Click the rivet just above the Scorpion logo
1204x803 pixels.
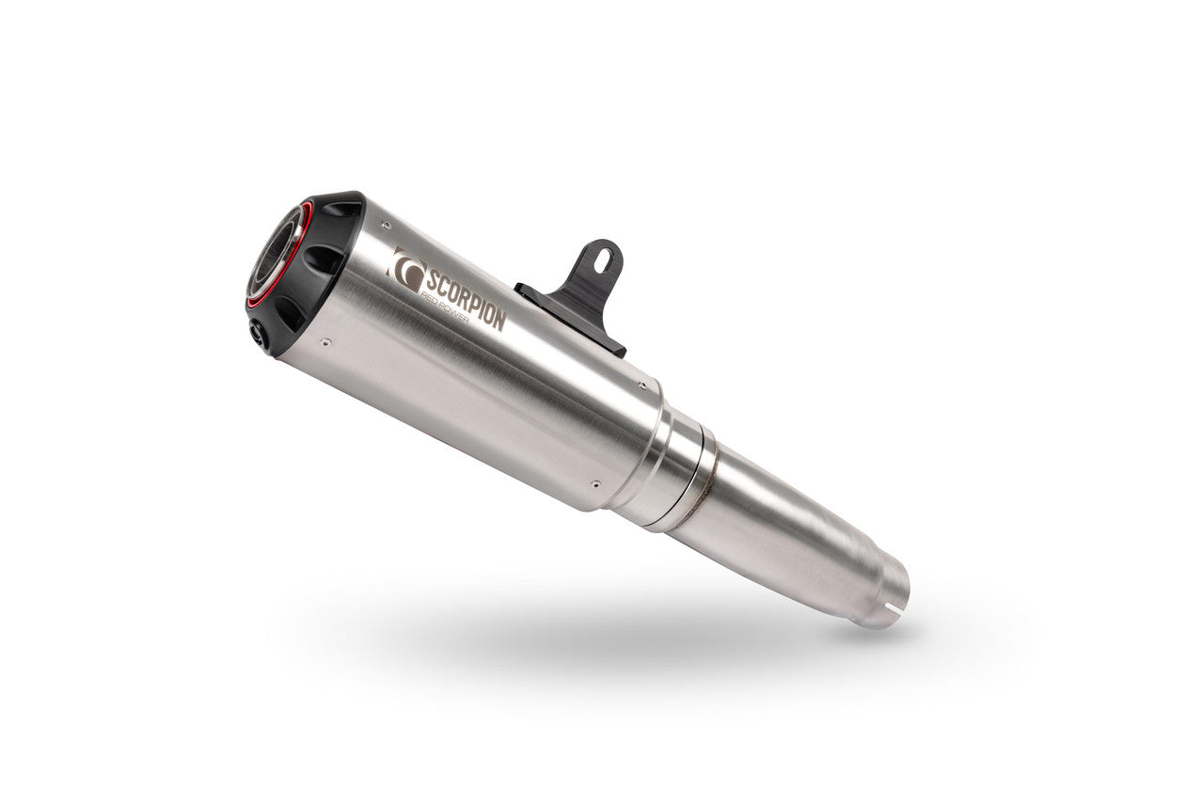tap(385, 225)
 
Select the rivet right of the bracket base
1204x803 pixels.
tap(642, 384)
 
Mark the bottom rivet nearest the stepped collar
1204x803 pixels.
tap(594, 484)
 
